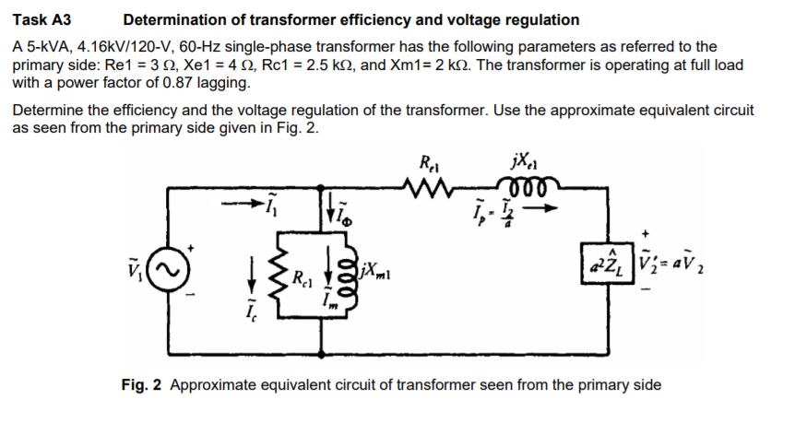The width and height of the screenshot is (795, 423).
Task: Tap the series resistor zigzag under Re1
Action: [431, 189]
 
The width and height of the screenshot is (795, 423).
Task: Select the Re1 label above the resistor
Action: [429, 167]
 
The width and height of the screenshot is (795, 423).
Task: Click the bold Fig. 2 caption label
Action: [143, 384]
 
